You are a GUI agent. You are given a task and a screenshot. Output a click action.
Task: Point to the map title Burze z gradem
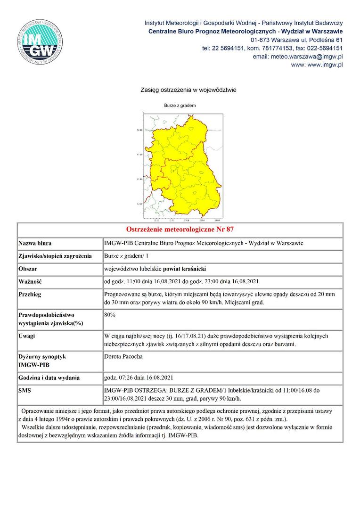tap(180, 106)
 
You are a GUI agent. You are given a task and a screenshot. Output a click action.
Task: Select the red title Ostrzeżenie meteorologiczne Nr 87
tap(180, 230)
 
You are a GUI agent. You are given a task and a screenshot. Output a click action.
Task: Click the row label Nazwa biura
tap(35, 244)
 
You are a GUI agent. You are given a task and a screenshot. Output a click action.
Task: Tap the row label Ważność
tap(30, 282)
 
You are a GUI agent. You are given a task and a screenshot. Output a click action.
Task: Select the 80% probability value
tap(110, 314)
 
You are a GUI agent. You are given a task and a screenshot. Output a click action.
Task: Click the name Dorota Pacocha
tap(123, 357)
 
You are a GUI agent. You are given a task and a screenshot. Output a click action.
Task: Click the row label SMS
tap(25, 391)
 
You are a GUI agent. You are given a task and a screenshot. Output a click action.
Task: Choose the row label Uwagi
tap(27, 336)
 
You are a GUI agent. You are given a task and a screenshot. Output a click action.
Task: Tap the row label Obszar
tap(28, 269)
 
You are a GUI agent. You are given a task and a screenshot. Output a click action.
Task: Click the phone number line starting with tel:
tap(272, 48)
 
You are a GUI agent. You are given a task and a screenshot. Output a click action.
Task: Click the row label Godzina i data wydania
tap(49, 378)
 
